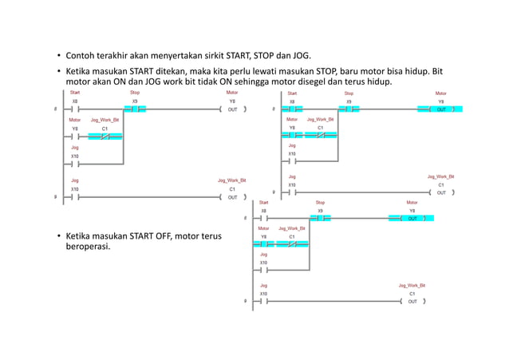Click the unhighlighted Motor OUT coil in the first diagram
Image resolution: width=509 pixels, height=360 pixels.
coord(232,109)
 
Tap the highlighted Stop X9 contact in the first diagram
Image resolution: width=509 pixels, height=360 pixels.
coord(135,109)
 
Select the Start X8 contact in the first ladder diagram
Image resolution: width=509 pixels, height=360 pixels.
coord(75,109)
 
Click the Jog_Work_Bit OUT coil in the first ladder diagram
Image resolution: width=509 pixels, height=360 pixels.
coord(232,196)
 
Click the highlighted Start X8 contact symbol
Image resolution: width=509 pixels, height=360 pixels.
coord(292,109)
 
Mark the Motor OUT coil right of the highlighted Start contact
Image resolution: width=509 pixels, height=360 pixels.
coord(441,109)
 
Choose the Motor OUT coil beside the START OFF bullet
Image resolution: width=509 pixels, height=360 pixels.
coord(412,218)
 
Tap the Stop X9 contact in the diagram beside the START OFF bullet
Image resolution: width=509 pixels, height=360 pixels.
coord(320,218)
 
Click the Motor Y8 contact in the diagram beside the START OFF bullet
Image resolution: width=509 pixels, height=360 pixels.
coord(264,243)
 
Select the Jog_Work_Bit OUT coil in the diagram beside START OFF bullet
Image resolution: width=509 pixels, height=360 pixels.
coord(412,302)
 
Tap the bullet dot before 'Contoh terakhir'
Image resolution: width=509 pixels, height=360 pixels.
coord(58,56)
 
